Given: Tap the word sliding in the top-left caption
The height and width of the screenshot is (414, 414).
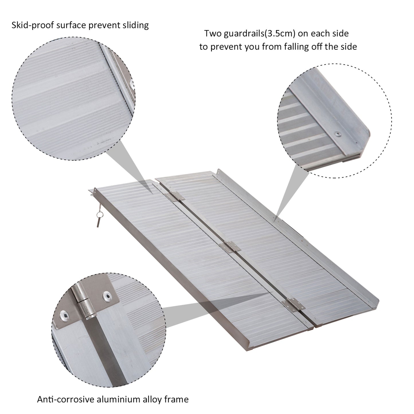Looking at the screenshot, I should (134, 25).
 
